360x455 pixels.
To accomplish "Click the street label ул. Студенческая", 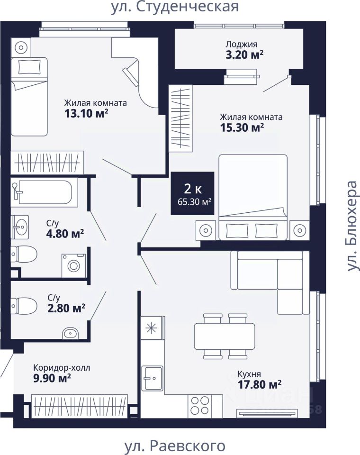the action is pos(175,7).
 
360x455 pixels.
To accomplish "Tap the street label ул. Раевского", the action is pos(175,446).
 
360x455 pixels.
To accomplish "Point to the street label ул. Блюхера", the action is pos(352,227).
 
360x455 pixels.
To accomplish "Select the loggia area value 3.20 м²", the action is pos(244,55).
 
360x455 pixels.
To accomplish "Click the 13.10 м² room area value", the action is pos(86,113).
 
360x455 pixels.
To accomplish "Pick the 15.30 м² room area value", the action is pos(242,127).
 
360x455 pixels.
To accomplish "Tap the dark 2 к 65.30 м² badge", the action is pos(193,193).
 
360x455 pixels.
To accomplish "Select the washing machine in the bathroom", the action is pos(74,265).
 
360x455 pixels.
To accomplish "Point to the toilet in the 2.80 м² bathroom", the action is pos(24,306).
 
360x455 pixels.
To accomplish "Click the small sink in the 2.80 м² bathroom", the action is pos(71,333).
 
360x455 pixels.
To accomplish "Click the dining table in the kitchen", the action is pos(225,336).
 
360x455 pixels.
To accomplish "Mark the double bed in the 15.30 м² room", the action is pos(253,197).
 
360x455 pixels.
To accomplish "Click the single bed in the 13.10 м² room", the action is pos(29,97).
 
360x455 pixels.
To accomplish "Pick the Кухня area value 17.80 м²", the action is pos(260,384).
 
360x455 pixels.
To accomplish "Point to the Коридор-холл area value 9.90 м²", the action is pos(52,378).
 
